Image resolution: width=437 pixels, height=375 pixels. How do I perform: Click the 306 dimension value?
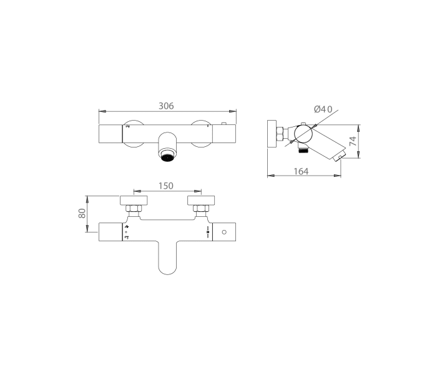click(166, 106)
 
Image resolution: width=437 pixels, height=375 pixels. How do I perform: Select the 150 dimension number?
click(166, 186)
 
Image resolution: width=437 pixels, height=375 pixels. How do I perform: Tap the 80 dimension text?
click(82, 214)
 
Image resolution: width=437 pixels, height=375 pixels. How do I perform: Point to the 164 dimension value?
click(302, 171)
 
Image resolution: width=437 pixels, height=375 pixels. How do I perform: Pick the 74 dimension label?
click(353, 141)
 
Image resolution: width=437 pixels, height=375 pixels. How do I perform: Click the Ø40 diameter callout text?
click(323, 109)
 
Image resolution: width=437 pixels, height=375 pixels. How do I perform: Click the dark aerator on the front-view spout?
click(167, 157)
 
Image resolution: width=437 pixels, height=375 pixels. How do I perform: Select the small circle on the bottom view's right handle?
click(224, 232)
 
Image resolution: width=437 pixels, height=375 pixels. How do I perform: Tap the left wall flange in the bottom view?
click(134, 201)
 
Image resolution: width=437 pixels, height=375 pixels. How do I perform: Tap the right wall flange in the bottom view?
click(201, 201)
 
